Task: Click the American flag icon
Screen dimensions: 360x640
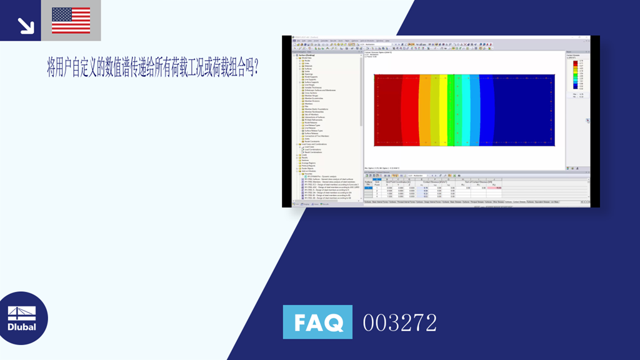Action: (x=71, y=21)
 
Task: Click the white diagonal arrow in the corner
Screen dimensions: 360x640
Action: (x=26, y=25)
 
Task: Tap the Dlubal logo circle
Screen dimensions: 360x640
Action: (x=23, y=318)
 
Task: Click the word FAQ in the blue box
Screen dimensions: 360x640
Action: (x=317, y=322)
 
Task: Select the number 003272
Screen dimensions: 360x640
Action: (x=400, y=323)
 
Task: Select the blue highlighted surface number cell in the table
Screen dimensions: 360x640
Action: (x=368, y=188)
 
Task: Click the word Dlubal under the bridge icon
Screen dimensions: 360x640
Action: (x=22, y=327)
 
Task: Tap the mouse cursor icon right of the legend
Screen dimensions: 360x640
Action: (x=587, y=121)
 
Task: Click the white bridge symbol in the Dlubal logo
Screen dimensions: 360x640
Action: (x=22, y=313)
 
